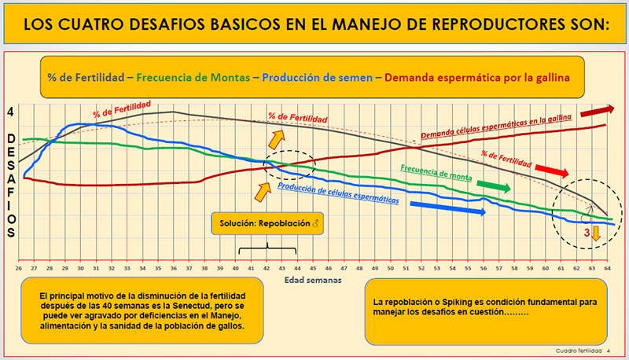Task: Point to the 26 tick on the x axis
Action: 19,269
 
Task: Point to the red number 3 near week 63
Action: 585,233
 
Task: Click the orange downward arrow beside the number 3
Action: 596,233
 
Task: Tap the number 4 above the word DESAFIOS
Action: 11,112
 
